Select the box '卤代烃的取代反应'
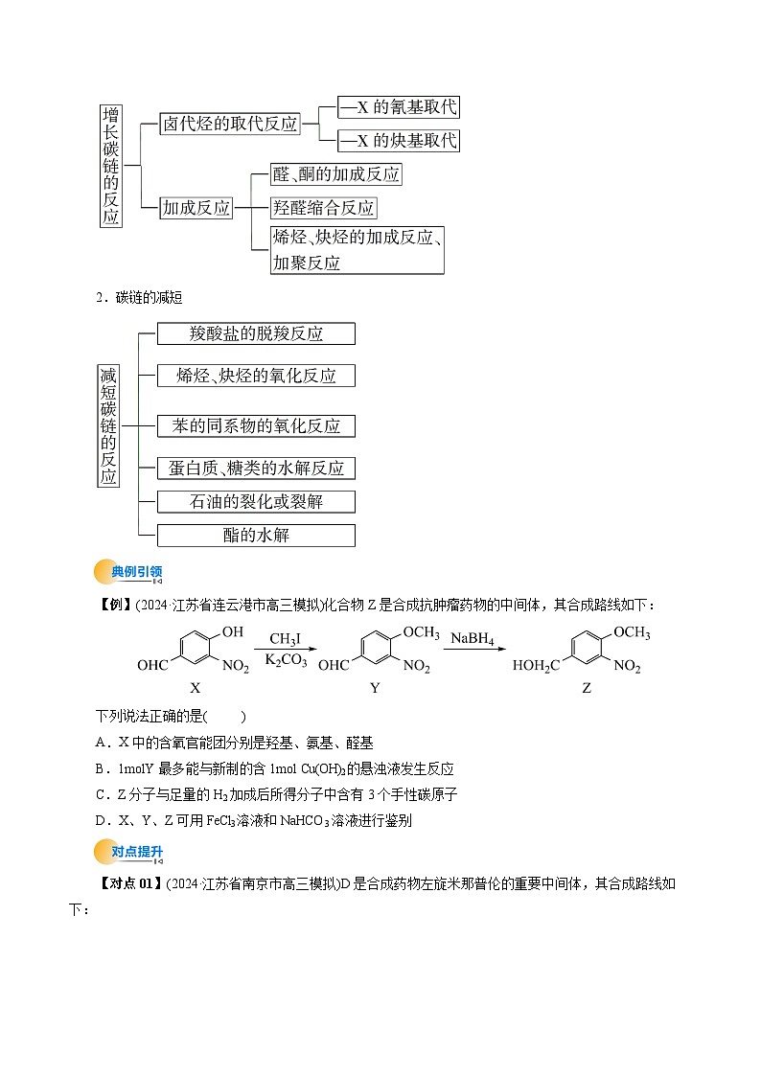point(229,124)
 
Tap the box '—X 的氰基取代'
point(399,107)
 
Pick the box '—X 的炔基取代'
point(399,141)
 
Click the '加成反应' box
point(196,208)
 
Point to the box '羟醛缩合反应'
point(323,208)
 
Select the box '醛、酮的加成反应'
point(335,174)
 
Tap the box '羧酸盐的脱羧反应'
point(256,333)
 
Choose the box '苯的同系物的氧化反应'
point(256,425)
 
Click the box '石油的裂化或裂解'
point(256,501)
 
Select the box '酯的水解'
point(256,535)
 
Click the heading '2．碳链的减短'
point(134,298)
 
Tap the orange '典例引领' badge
point(129,573)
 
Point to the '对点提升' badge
point(129,851)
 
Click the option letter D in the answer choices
point(101,820)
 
